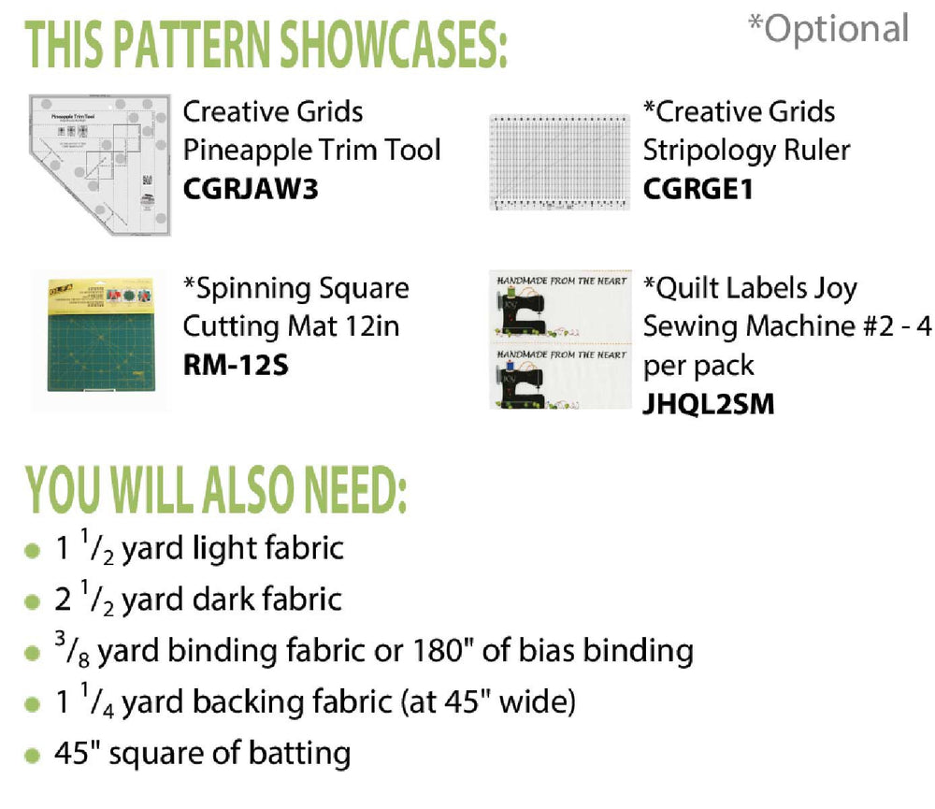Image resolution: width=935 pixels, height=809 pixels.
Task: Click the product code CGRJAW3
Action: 251,189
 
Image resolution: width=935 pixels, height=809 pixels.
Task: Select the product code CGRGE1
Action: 698,189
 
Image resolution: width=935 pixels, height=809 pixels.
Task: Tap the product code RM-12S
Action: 236,365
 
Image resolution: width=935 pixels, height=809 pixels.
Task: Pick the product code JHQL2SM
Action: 709,404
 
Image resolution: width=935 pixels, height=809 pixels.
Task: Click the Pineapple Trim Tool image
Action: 100,165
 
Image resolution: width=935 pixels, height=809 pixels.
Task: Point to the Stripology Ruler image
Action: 559,162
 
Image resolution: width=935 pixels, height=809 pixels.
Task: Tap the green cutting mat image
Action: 101,336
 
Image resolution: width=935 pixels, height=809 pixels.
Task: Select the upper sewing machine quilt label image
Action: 560,307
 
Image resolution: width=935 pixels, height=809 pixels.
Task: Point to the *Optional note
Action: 828,28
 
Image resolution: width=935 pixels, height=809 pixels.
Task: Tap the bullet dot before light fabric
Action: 32,550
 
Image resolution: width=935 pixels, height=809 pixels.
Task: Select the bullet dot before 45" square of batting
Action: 32,756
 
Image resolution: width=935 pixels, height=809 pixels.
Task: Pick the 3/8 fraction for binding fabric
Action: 72,649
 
